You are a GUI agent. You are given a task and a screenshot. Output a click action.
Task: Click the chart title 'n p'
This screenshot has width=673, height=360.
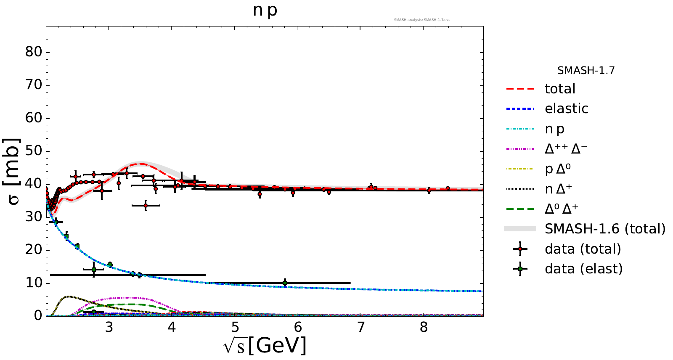tap(265, 10)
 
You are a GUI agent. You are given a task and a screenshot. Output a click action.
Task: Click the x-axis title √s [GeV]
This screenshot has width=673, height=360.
tap(265, 346)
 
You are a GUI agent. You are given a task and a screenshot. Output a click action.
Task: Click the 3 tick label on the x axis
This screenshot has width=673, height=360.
tap(109, 327)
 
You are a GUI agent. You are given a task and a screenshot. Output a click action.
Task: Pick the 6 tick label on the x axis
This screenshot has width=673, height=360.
tap(298, 327)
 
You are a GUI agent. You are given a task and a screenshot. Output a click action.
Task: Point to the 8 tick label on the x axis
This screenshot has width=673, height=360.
tap(424, 327)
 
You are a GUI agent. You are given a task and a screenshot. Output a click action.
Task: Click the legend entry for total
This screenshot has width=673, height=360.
tap(560, 89)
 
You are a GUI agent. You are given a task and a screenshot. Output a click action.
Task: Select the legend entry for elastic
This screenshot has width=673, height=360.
tap(566, 109)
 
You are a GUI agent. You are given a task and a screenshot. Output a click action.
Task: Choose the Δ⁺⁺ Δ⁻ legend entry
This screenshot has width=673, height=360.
tap(566, 149)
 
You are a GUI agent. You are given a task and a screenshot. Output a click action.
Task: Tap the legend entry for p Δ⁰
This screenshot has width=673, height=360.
tap(558, 169)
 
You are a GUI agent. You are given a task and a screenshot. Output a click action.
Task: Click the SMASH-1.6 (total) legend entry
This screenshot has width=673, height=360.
tap(605, 229)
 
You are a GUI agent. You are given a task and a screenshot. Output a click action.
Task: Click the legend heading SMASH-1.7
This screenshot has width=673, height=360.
tap(586, 71)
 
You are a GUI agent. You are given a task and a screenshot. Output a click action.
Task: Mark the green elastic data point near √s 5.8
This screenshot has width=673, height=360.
tap(285, 283)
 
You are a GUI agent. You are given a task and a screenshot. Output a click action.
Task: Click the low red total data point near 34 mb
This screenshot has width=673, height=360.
tap(146, 205)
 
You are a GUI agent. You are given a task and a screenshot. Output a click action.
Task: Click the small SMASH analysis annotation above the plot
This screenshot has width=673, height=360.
tap(421, 20)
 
